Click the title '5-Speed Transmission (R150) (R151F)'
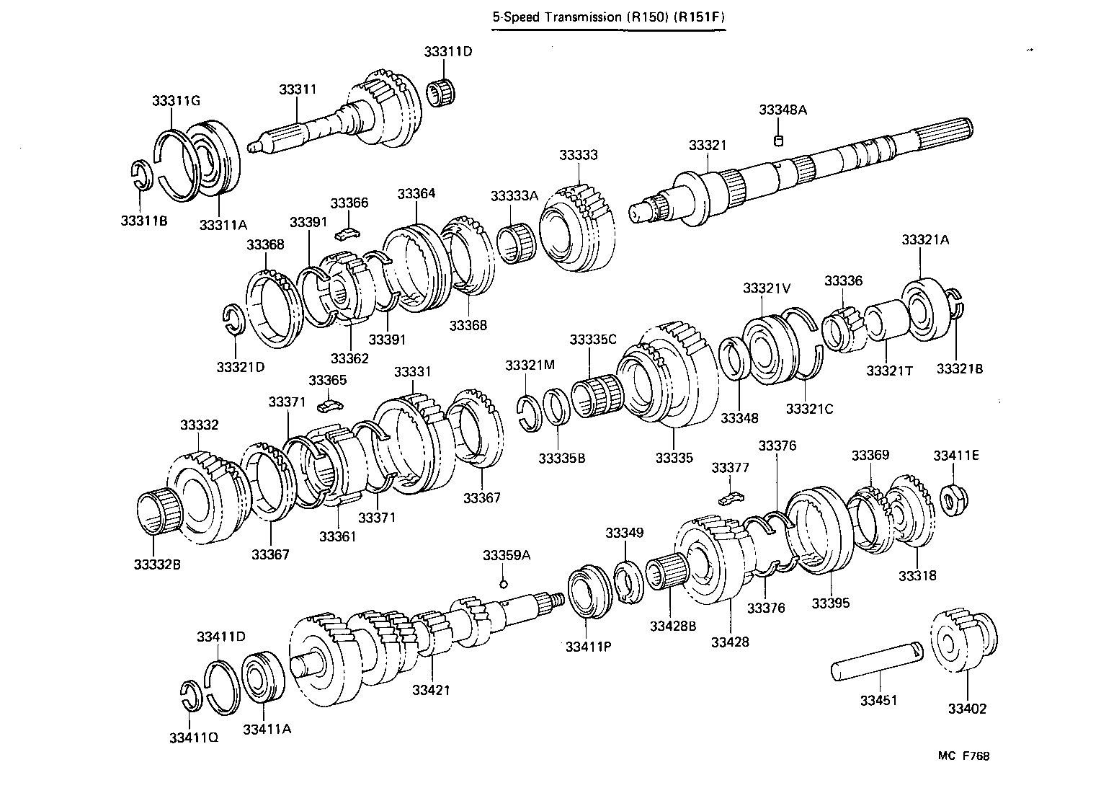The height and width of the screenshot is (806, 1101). pyautogui.click(x=608, y=17)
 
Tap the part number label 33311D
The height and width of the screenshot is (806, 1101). pyautogui.click(x=447, y=52)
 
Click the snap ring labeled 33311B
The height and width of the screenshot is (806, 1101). pyautogui.click(x=142, y=176)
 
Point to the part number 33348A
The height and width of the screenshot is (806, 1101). pyautogui.click(x=783, y=110)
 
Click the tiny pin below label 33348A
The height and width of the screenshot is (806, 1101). pyautogui.click(x=778, y=140)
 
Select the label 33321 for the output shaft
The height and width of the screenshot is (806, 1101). pyautogui.click(x=707, y=145)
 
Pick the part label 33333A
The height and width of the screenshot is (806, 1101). pyautogui.click(x=514, y=196)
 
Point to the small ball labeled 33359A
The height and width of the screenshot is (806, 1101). pyautogui.click(x=504, y=583)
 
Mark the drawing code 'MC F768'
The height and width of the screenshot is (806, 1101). pyautogui.click(x=963, y=756)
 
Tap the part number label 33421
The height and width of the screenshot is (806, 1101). pyautogui.click(x=431, y=690)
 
